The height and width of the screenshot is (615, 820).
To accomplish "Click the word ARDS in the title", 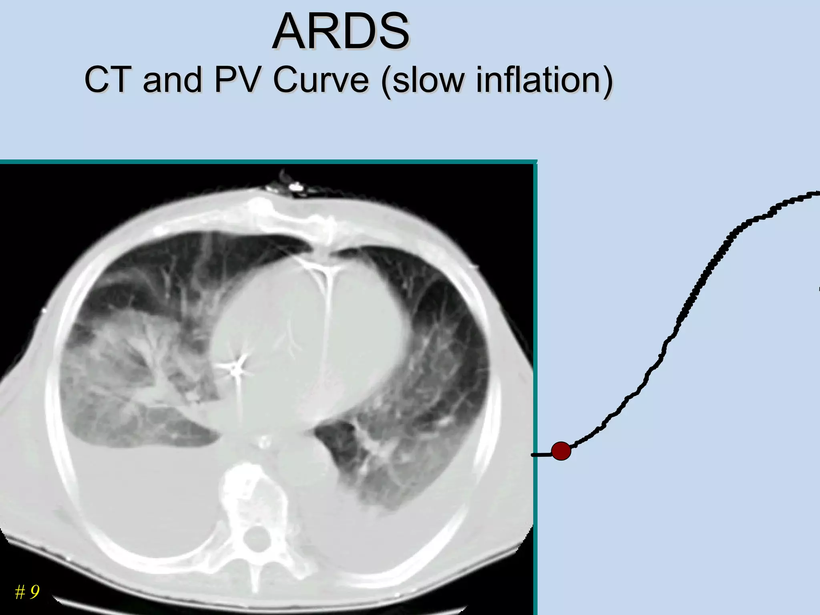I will point(341,32).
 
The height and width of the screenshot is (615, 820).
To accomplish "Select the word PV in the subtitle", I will point(237,80).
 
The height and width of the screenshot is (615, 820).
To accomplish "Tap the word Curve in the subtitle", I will point(320,80).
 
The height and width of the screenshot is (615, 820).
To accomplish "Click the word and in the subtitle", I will point(172,80).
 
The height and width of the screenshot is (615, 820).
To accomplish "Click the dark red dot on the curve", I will point(561,451).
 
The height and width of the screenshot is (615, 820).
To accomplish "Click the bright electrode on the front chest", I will point(295,187).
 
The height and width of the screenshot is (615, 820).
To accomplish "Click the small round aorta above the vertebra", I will point(263,442).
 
